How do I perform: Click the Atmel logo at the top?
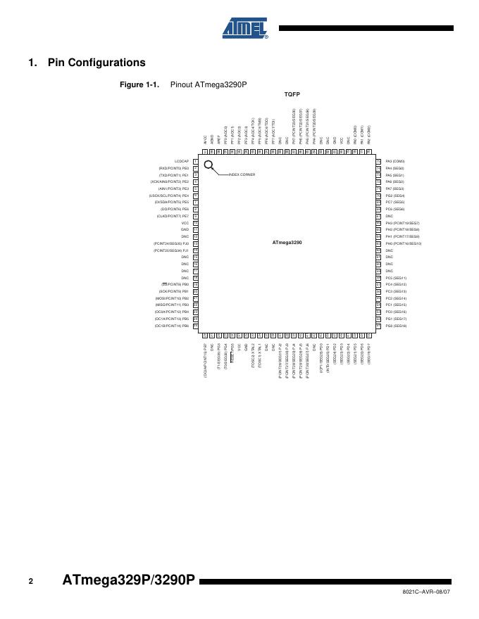[x=245, y=28]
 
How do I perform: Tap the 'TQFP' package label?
[x=292, y=94]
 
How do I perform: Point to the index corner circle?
[x=209, y=165]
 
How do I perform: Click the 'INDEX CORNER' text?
[x=242, y=174]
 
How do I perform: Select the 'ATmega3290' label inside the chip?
[x=287, y=243]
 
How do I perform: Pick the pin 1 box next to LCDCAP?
[x=195, y=162]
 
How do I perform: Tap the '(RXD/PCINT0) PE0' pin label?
[x=174, y=169]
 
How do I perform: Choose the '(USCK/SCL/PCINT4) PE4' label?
[x=170, y=196]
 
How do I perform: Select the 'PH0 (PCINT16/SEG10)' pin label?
[x=403, y=243]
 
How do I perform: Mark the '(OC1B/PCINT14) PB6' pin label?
[x=172, y=326]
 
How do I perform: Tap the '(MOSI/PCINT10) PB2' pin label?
[x=172, y=298]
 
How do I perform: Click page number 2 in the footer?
[x=31, y=582]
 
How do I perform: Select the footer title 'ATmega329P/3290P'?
[x=128, y=581]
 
